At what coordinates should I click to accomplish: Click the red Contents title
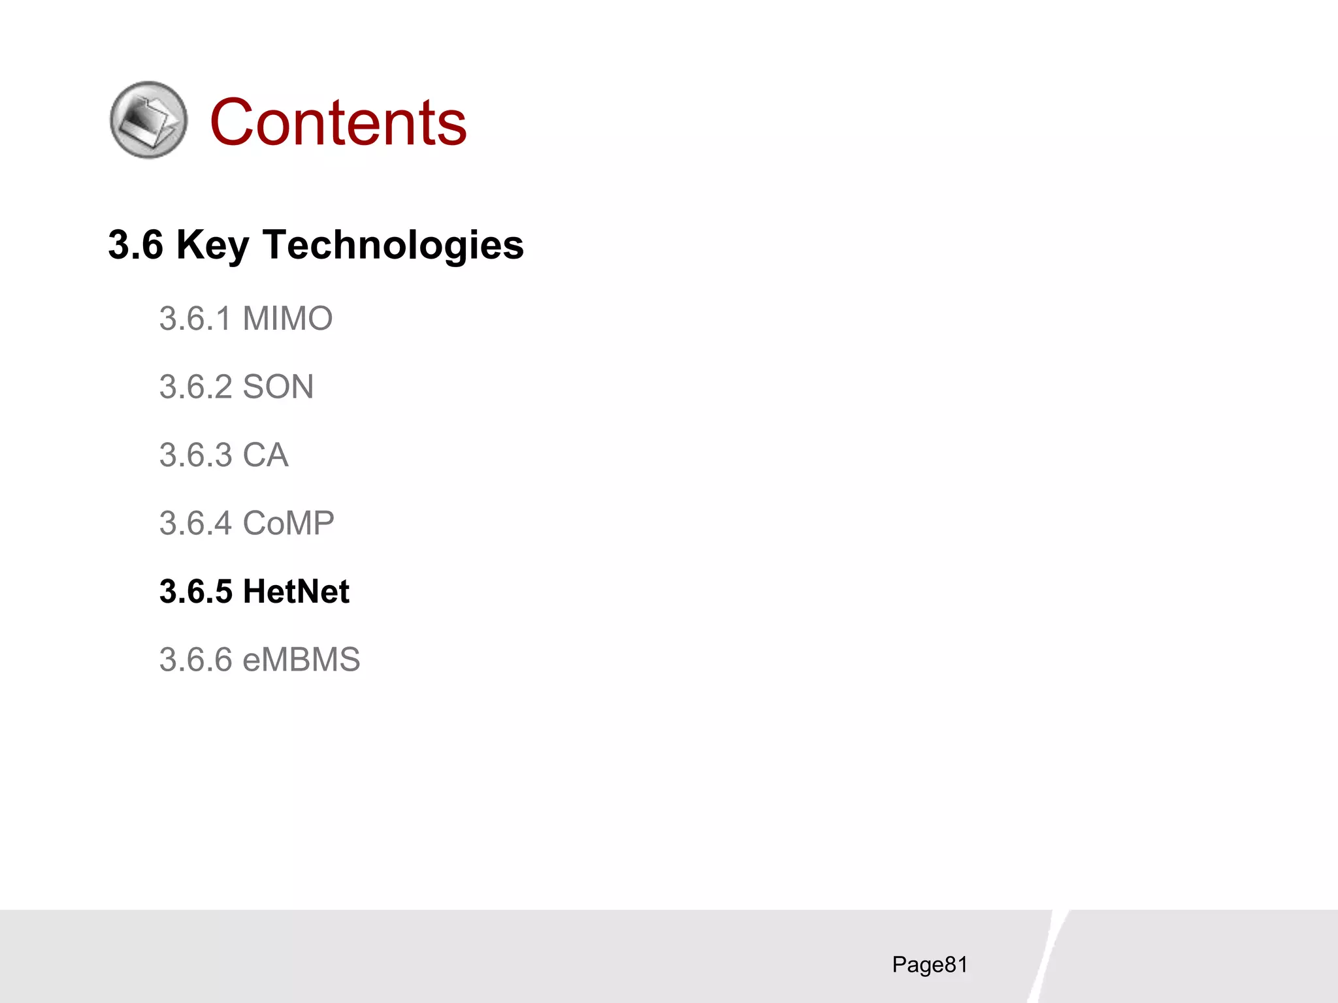point(338,122)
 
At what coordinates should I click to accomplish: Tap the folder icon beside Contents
point(148,120)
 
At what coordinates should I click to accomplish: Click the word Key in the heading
point(212,246)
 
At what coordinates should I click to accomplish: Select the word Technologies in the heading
point(393,246)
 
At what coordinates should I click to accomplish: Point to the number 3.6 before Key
point(135,246)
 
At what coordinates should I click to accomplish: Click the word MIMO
point(287,319)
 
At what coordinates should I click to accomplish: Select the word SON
point(278,387)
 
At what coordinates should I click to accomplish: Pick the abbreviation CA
point(265,455)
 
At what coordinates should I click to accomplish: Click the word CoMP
point(288,524)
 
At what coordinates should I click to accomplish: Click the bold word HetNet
point(296,592)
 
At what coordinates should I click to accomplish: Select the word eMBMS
point(301,660)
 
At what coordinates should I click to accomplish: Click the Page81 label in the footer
point(930,964)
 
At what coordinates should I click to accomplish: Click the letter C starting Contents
point(231,122)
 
